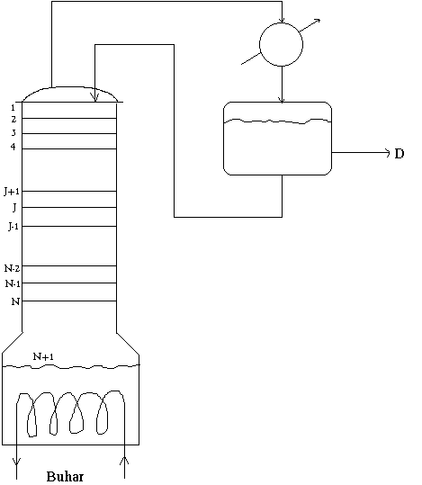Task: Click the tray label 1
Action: (13, 108)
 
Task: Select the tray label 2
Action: (13, 119)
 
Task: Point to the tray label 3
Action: (13, 132)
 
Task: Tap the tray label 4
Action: (13, 147)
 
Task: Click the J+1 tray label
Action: (12, 192)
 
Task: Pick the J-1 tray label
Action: (13, 227)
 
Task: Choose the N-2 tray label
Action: (13, 268)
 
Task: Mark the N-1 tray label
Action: (13, 283)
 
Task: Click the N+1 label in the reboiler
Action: (43, 356)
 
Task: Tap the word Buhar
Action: (65, 477)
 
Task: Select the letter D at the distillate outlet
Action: (400, 154)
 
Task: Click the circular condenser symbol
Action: (281, 45)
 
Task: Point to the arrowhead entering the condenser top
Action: (282, 20)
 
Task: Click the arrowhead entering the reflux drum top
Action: (282, 100)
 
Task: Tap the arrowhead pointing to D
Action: (387, 153)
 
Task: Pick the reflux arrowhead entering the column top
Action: (95, 98)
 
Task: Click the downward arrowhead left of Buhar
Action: (16, 462)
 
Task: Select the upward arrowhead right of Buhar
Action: (124, 462)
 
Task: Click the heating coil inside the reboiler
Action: (70, 414)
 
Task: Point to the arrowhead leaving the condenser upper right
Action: (317, 22)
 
